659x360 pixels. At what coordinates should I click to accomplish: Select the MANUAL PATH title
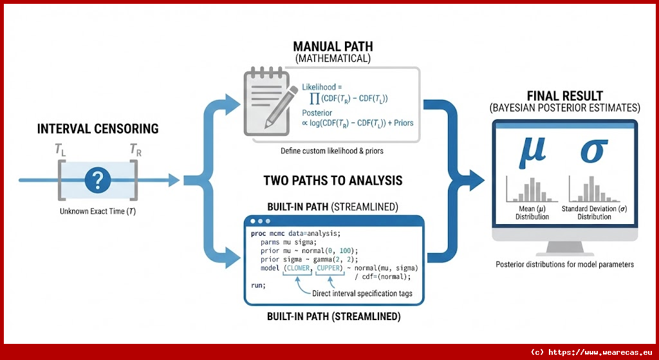(x=332, y=46)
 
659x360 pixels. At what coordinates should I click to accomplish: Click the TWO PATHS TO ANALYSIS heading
(x=333, y=180)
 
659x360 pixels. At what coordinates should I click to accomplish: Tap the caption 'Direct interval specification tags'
(x=362, y=294)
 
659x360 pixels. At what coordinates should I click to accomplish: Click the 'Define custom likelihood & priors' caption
(x=332, y=151)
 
